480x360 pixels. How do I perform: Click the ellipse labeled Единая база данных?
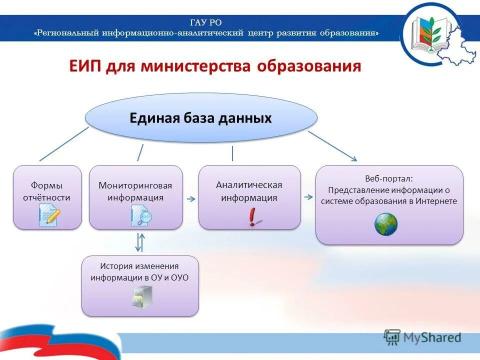pyautogui.click(x=201, y=118)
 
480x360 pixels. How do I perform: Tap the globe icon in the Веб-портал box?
pyautogui.click(x=386, y=224)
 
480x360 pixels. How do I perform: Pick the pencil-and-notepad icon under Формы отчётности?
pyautogui.click(x=49, y=216)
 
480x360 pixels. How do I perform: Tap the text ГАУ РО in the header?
pyautogui.click(x=205, y=22)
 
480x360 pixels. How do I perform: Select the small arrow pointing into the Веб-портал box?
pyautogui.click(x=308, y=197)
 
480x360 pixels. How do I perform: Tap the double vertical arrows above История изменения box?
pyautogui.click(x=140, y=242)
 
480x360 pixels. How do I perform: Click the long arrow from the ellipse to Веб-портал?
pyautogui.click(x=332, y=146)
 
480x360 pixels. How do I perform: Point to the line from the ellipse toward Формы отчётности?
pyautogui.click(x=63, y=144)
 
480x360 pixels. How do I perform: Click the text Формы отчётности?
pyautogui.click(x=46, y=191)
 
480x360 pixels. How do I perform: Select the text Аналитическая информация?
pyautogui.click(x=249, y=191)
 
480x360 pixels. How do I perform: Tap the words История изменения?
pyautogui.click(x=139, y=266)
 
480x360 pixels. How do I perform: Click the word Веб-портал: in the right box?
pyautogui.click(x=389, y=178)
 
